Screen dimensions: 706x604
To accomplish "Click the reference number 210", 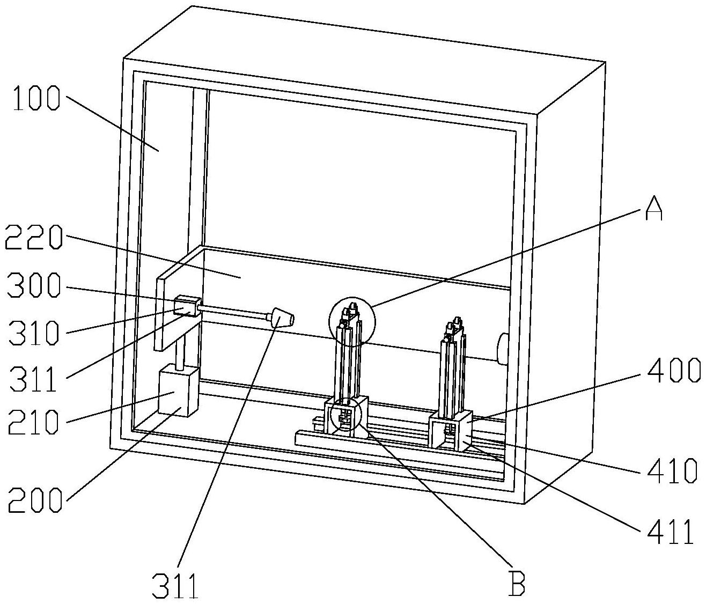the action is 33,422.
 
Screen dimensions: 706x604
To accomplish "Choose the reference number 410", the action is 671,471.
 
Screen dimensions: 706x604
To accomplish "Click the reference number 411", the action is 670,532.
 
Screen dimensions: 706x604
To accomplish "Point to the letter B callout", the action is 517,583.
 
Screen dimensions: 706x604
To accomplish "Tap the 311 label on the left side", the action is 33,379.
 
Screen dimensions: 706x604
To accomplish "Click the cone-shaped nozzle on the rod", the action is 283,318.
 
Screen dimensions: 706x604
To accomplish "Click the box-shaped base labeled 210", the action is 178,392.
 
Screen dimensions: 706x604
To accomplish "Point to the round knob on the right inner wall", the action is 502,349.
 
